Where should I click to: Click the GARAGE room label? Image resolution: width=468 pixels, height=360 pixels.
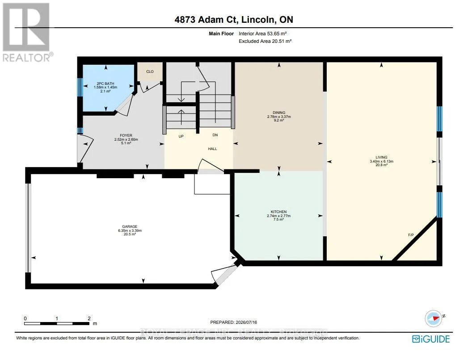pyautogui.click(x=130, y=226)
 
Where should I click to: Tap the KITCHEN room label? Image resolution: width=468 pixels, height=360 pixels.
pyautogui.click(x=278, y=212)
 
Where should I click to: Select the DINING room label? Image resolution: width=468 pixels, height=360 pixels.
pyautogui.click(x=279, y=113)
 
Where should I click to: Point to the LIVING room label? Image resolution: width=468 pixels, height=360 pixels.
pyautogui.click(x=381, y=157)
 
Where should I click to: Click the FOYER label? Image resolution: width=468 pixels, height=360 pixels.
pyautogui.click(x=126, y=135)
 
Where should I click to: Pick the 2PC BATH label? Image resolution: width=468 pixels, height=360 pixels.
pyautogui.click(x=105, y=84)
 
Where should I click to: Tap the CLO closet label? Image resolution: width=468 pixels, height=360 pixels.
pyautogui.click(x=150, y=71)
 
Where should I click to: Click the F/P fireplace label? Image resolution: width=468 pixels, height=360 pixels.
pyautogui.click(x=411, y=235)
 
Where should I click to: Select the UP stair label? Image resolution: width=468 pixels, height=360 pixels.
pyautogui.click(x=181, y=136)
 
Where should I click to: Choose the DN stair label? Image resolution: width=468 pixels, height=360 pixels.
pyautogui.click(x=215, y=135)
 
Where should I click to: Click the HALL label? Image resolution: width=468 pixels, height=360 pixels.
pyautogui.click(x=212, y=149)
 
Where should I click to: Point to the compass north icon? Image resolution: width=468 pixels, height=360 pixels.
pyautogui.click(x=434, y=318)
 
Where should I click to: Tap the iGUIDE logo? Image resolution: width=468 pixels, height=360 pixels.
pyautogui.click(x=431, y=339)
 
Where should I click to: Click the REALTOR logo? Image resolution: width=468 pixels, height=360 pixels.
pyautogui.click(x=27, y=32)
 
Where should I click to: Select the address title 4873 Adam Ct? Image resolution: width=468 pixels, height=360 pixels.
pyautogui.click(x=206, y=20)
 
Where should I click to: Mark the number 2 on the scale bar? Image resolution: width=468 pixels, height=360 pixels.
pyautogui.click(x=89, y=318)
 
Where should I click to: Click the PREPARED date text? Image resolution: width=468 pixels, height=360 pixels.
pyautogui.click(x=234, y=322)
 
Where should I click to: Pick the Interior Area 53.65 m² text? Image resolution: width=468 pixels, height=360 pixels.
pyautogui.click(x=263, y=33)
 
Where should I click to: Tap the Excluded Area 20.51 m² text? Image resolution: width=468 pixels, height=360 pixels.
pyautogui.click(x=265, y=41)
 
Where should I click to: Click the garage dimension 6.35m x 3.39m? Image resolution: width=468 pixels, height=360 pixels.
pyautogui.click(x=130, y=230)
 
